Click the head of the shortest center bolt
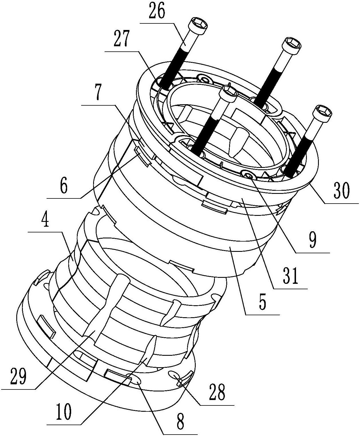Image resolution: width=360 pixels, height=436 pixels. tap(229, 93)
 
